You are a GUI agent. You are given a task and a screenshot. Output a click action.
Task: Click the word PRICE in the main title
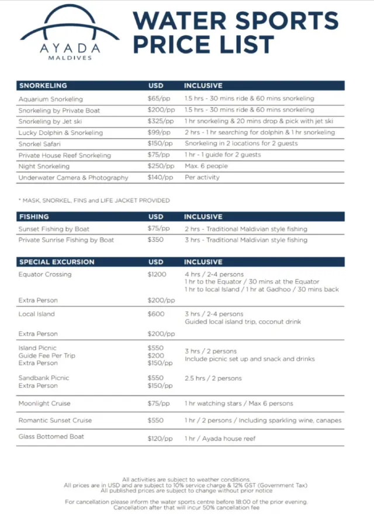tap(169, 45)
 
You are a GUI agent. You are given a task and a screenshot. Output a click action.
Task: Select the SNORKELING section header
tap(43, 86)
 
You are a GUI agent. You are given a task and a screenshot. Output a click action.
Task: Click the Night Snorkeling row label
tap(44, 166)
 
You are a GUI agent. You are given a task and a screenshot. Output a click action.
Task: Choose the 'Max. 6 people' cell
tap(206, 166)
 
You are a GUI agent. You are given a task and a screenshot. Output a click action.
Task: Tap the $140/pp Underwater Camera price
tap(160, 178)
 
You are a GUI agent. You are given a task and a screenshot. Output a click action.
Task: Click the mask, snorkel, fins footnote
tap(94, 200)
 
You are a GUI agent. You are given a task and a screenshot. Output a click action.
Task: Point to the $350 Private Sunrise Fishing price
tap(156, 240)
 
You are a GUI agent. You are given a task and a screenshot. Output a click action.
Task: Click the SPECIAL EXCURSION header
tap(56, 262)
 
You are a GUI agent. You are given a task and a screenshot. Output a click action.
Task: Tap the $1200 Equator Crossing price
tap(157, 274)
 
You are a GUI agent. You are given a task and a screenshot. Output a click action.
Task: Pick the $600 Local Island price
tap(156, 314)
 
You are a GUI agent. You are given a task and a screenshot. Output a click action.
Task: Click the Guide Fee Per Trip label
tap(47, 356)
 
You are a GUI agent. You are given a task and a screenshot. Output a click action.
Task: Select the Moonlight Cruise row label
tap(44, 404)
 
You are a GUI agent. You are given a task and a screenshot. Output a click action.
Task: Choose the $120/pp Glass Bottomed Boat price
tap(160, 438)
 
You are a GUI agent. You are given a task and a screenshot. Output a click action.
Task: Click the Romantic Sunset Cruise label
tap(55, 420)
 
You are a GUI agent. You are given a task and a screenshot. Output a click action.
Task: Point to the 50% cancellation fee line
tap(186, 507)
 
